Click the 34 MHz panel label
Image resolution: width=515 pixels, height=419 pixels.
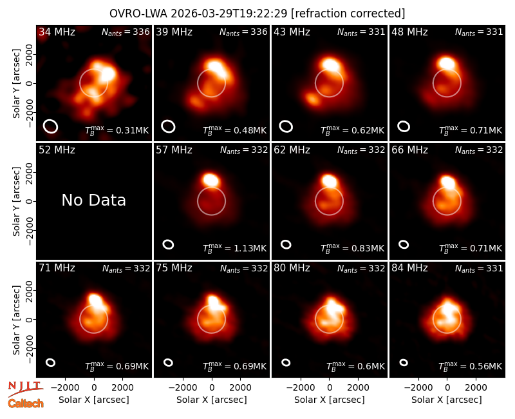click(x=57, y=32)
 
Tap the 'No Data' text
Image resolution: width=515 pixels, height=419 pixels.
click(x=93, y=200)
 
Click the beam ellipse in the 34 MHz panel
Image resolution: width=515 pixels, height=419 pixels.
click(x=50, y=126)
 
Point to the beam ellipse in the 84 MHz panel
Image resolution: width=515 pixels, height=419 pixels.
click(x=404, y=362)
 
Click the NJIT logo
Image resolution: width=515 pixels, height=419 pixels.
click(x=25, y=389)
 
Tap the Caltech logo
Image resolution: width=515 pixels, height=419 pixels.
click(x=26, y=404)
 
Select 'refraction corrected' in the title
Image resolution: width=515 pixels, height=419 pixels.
click(x=348, y=14)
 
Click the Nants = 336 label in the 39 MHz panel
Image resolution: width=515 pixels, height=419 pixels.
click(x=243, y=32)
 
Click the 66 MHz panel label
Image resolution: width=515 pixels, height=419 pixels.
click(x=409, y=150)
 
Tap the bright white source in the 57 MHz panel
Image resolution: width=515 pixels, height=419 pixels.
click(x=211, y=180)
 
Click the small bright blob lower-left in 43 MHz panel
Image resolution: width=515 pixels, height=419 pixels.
click(x=313, y=99)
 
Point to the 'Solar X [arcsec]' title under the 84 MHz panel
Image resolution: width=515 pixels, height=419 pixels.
click(x=446, y=400)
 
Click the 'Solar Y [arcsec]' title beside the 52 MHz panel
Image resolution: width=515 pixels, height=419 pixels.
click(x=17, y=201)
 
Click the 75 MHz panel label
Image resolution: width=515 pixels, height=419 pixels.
click(x=174, y=268)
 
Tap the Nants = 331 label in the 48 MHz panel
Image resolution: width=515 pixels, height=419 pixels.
click(x=479, y=32)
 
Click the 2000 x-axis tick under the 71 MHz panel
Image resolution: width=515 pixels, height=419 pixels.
click(x=122, y=388)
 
